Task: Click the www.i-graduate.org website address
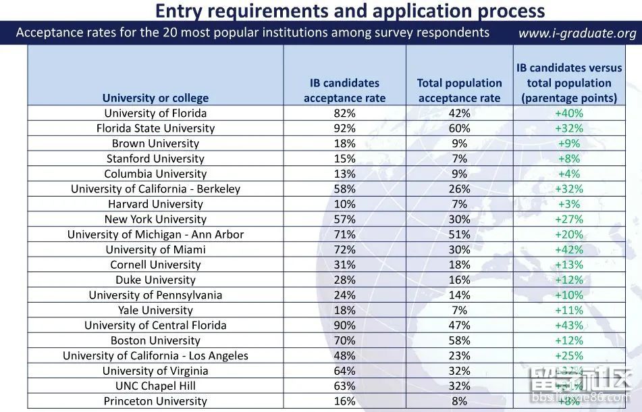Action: pos(577,33)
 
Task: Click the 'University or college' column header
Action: pos(155,98)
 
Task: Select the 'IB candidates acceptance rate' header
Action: pos(344,91)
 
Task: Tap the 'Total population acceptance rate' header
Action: pos(459,91)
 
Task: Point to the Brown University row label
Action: pos(155,143)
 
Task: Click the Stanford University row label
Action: pos(155,159)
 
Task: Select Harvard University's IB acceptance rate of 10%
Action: pos(344,204)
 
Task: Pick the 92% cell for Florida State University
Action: pos(344,128)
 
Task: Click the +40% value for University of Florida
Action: pos(568,113)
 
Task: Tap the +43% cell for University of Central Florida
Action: pos(568,325)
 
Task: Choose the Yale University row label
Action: pos(155,310)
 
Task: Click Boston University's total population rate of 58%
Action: pos(459,340)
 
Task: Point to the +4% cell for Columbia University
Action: pos(568,174)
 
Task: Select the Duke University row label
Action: pos(155,280)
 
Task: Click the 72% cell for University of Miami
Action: pos(344,249)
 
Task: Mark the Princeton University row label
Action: pos(155,401)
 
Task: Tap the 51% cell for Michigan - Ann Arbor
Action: pos(459,234)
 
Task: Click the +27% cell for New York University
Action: pos(568,219)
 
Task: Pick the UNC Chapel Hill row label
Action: pos(155,386)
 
